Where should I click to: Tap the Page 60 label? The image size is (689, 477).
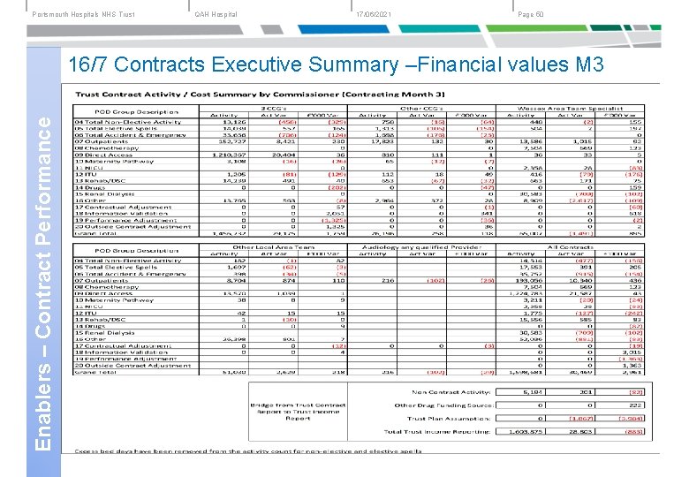(x=532, y=14)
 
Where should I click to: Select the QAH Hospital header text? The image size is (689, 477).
(x=216, y=14)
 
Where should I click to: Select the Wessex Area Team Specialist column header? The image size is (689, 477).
(x=577, y=106)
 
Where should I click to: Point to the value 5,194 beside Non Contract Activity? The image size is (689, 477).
(x=530, y=391)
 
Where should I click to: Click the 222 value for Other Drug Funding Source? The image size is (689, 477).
(x=633, y=405)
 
